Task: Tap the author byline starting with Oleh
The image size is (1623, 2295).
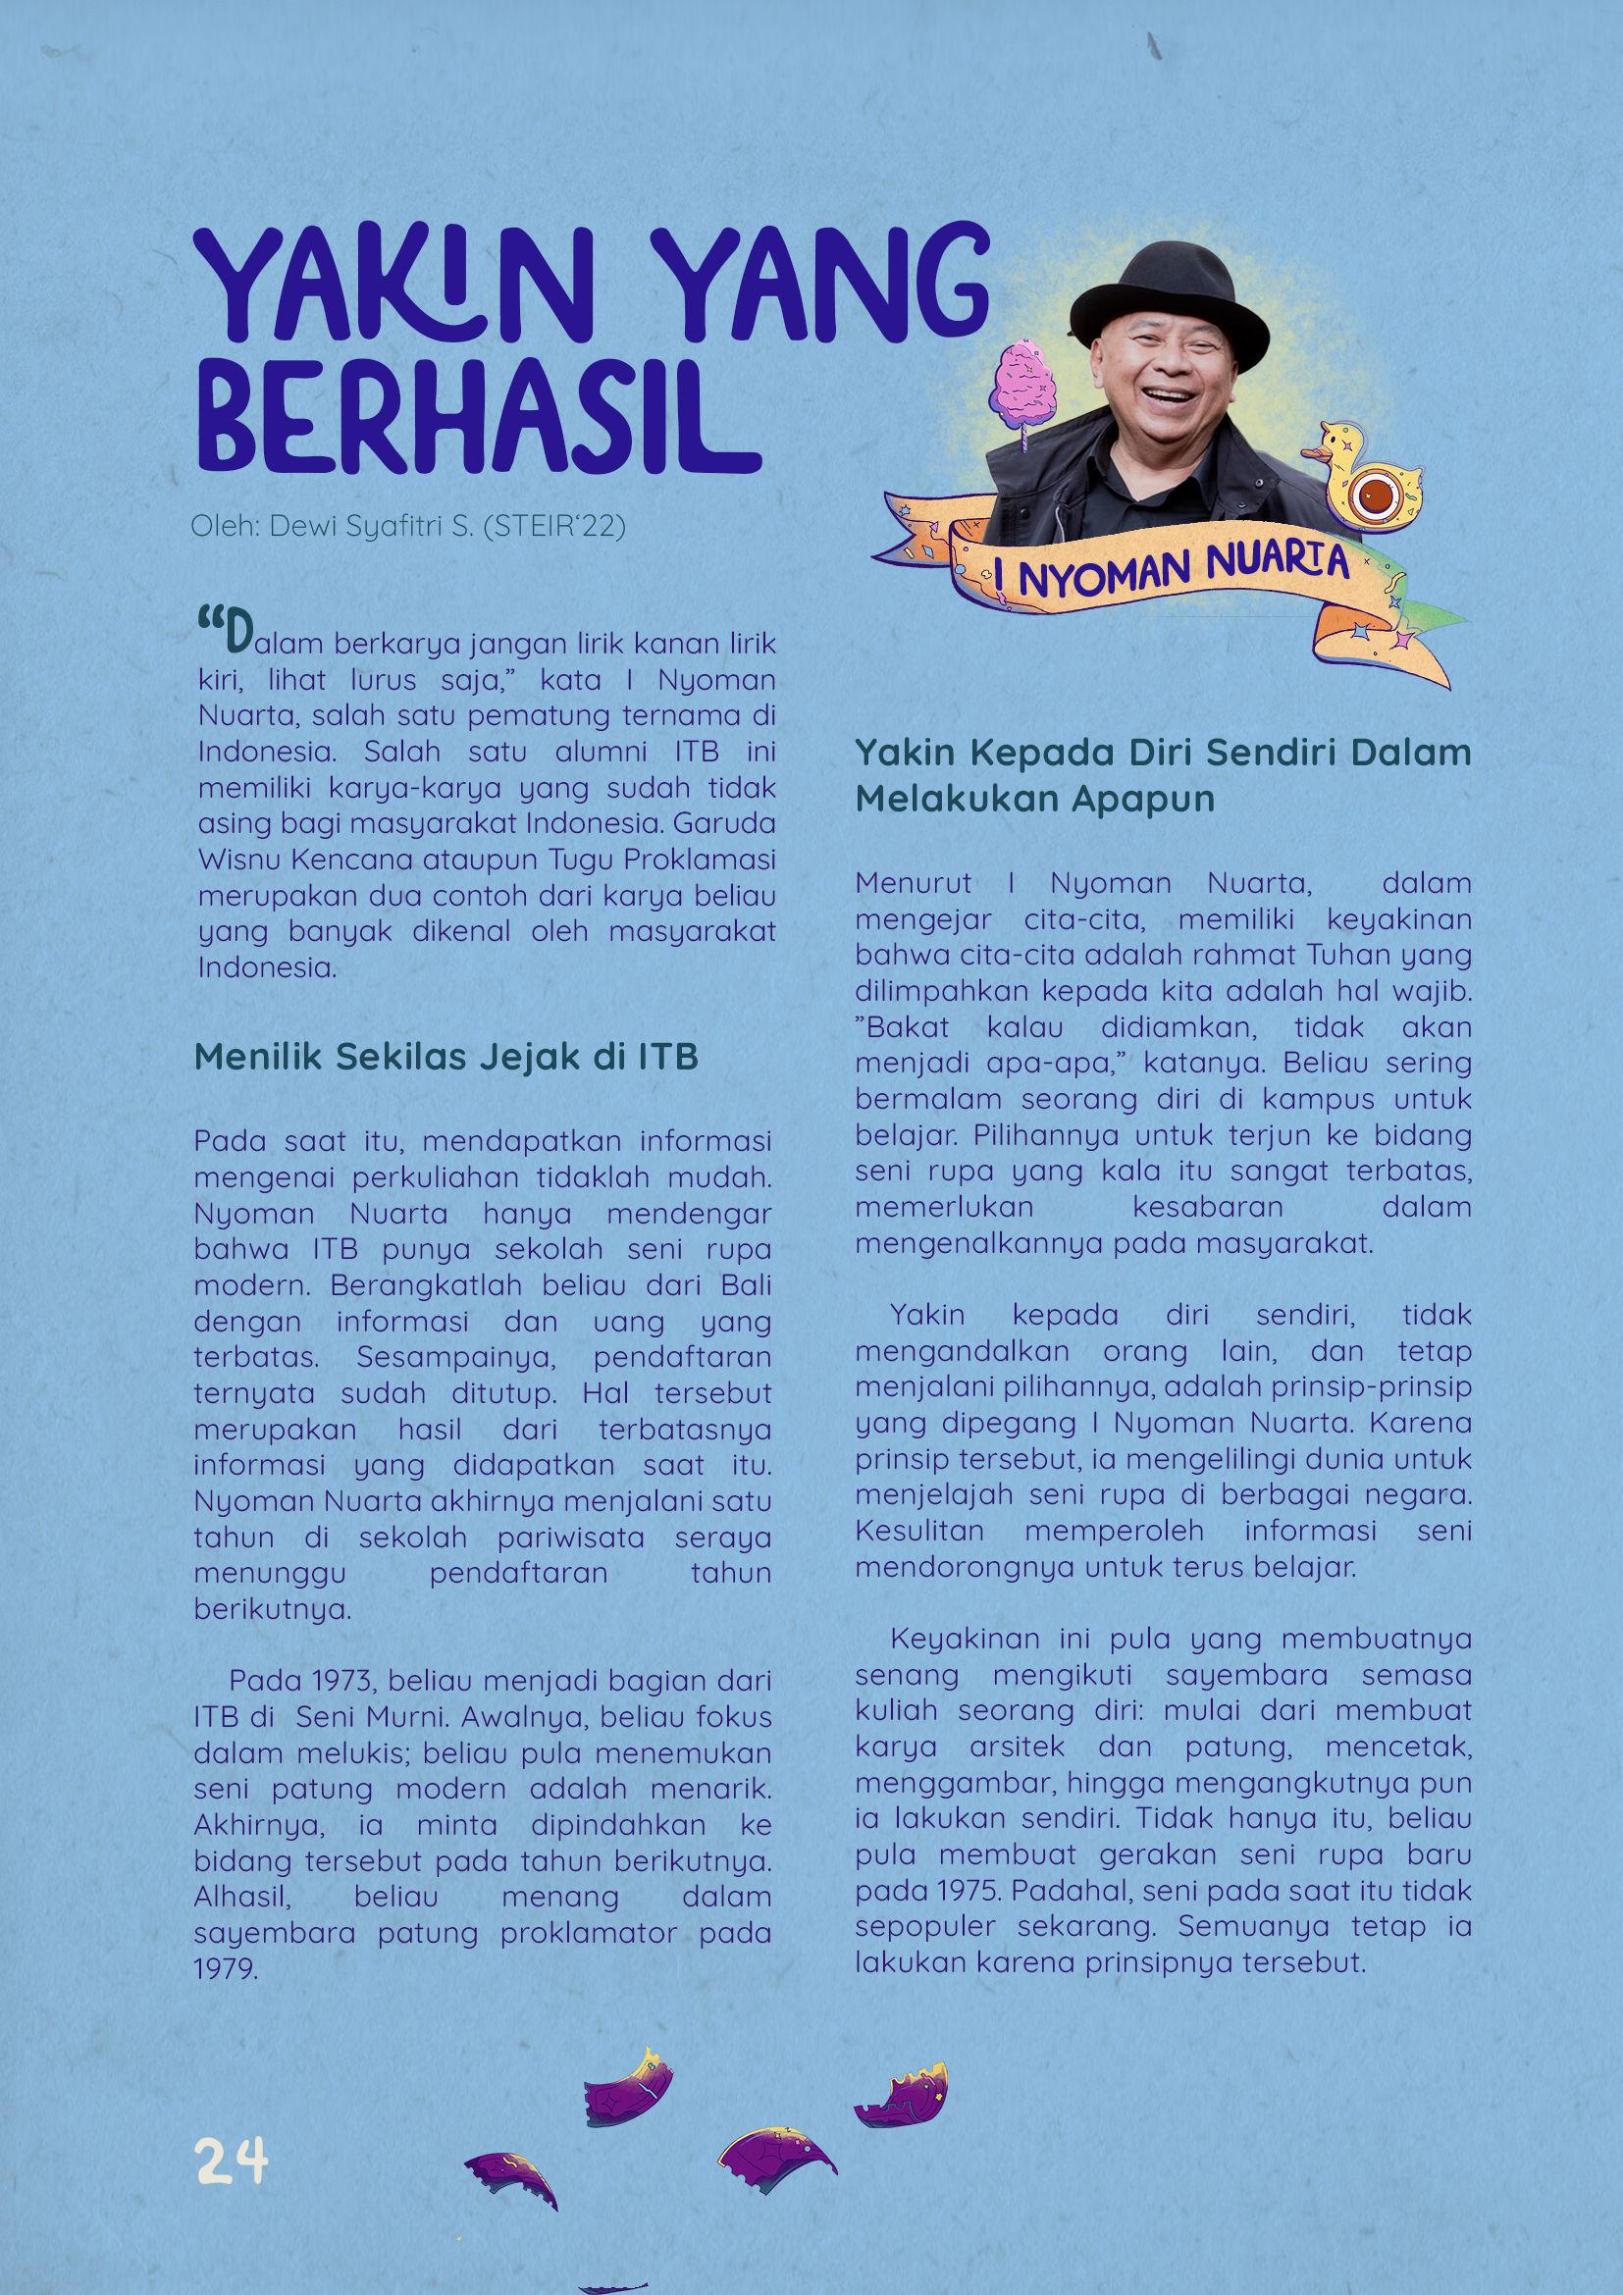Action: [408, 526]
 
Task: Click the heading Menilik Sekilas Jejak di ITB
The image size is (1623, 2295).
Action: [445, 1057]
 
